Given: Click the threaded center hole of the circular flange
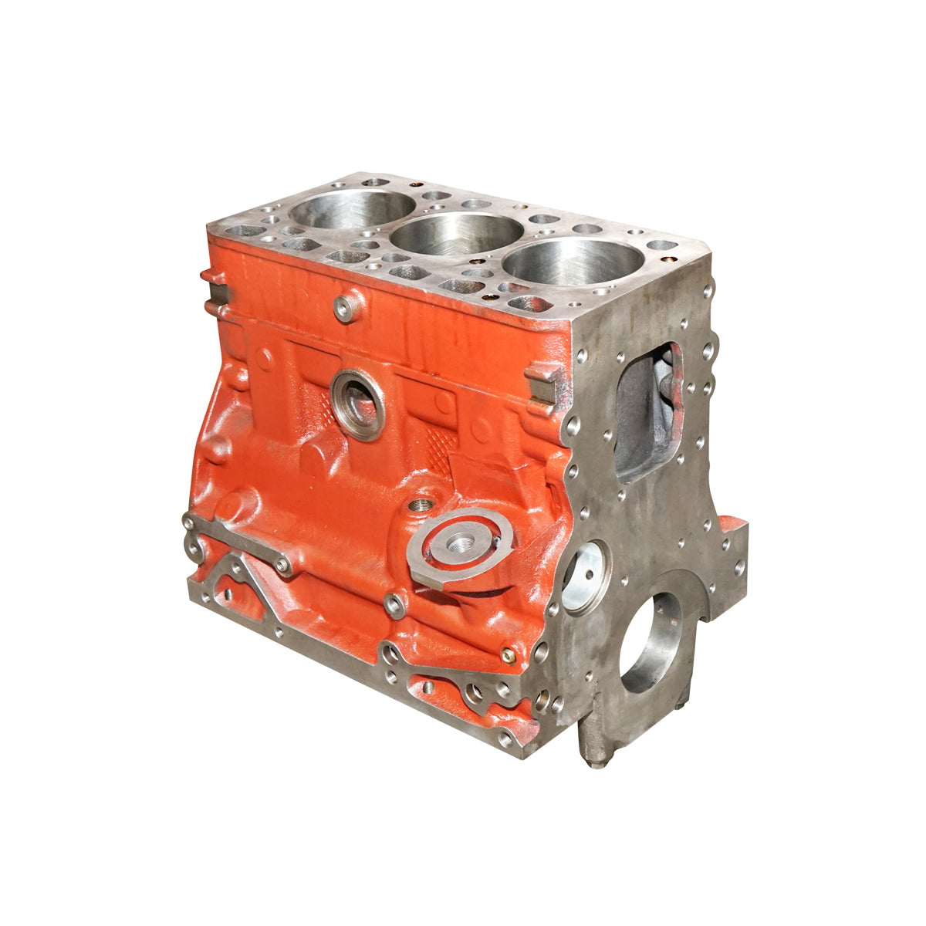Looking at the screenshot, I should click(461, 545).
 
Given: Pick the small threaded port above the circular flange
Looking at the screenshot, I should click(421, 506).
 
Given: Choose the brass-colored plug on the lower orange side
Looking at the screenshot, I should click(507, 655).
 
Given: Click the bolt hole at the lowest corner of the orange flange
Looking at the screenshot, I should click(505, 738).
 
